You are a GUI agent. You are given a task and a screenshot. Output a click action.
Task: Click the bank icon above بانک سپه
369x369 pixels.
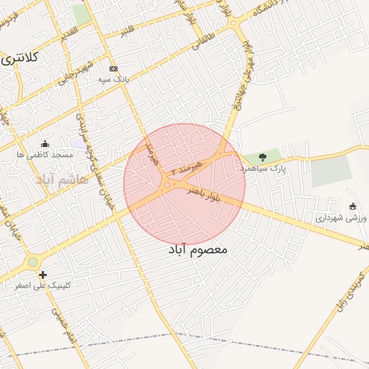[x=113, y=68]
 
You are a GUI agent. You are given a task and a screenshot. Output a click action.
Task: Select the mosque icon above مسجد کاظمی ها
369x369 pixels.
[x=45, y=143]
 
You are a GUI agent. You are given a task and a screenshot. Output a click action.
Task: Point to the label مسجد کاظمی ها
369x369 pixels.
[x=46, y=154]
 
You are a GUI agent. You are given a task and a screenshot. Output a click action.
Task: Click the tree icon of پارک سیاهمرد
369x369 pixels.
[x=262, y=156]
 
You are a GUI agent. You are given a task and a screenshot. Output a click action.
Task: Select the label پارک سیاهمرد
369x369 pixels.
[x=263, y=167]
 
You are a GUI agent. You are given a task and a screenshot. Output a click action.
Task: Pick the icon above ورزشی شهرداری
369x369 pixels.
[x=352, y=207]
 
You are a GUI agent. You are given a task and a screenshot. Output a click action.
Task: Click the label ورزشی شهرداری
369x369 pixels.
[x=337, y=217]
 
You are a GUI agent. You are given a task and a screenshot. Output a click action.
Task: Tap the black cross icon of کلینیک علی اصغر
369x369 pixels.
[x=43, y=275]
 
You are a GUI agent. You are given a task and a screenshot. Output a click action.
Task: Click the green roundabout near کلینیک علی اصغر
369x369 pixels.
[x=32, y=262]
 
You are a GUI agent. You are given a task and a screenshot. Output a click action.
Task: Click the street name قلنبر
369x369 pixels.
[x=128, y=31]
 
